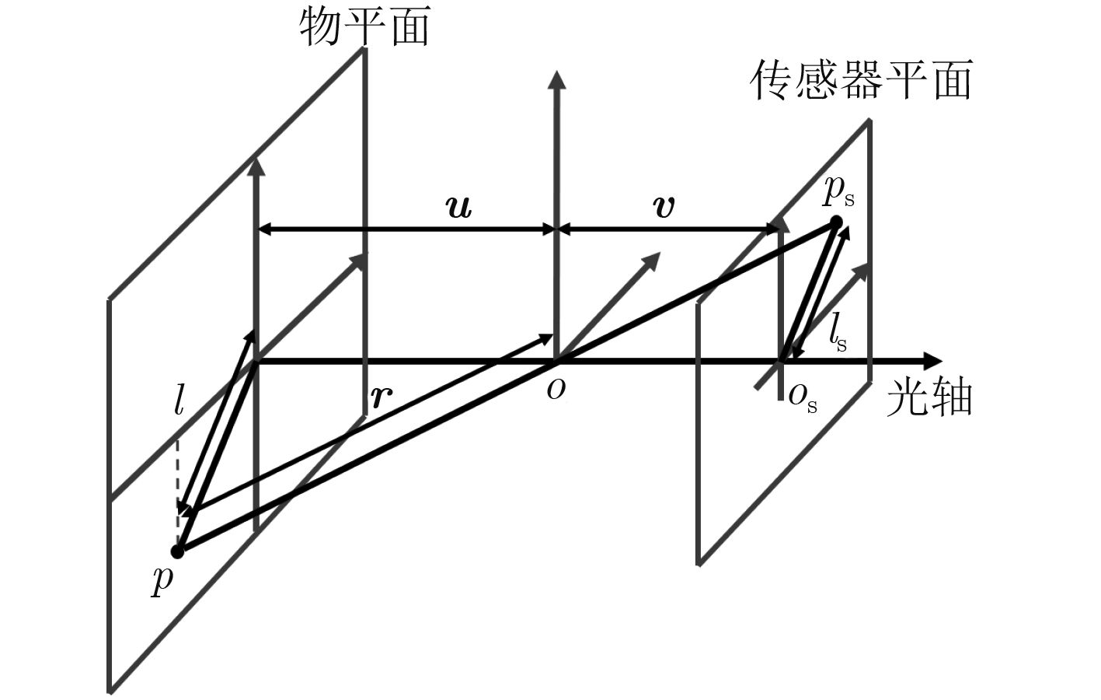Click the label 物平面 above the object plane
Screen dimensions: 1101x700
point(365,26)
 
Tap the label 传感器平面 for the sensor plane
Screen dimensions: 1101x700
point(861,80)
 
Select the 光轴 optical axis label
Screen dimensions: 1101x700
point(929,398)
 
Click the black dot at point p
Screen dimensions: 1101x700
point(177,551)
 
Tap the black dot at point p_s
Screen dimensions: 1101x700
point(835,222)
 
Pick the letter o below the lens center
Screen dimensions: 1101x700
point(556,391)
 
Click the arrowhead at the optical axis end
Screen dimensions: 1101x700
point(933,361)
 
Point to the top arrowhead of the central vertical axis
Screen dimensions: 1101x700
point(556,80)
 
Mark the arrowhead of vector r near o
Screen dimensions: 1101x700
point(545,338)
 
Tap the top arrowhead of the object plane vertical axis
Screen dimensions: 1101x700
point(255,167)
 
